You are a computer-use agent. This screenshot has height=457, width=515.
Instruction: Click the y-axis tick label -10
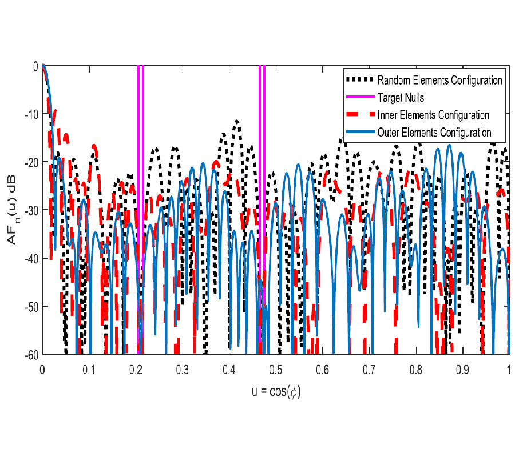point(31,114)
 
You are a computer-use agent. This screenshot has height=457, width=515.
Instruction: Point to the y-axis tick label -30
point(31,211)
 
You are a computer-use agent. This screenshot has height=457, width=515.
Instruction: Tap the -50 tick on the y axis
point(31,307)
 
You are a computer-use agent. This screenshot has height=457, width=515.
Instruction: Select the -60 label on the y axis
point(31,355)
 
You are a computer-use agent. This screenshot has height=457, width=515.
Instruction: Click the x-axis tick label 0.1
point(89,370)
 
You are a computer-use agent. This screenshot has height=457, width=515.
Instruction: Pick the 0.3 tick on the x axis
point(183,370)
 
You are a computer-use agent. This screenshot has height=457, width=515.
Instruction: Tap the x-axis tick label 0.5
point(276,370)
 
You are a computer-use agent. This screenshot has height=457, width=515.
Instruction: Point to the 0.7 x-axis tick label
point(369,370)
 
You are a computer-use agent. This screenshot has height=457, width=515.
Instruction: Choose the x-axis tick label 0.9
point(462,370)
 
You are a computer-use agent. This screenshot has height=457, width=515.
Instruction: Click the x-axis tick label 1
point(509,370)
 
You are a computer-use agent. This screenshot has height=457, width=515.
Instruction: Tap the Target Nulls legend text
point(401,98)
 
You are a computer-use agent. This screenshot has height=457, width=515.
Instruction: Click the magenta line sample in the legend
point(359,98)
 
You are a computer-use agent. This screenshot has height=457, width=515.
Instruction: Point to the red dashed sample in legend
point(359,115)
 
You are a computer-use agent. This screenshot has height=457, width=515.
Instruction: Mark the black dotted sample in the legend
point(359,80)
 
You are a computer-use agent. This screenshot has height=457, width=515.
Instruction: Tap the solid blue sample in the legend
point(359,133)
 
